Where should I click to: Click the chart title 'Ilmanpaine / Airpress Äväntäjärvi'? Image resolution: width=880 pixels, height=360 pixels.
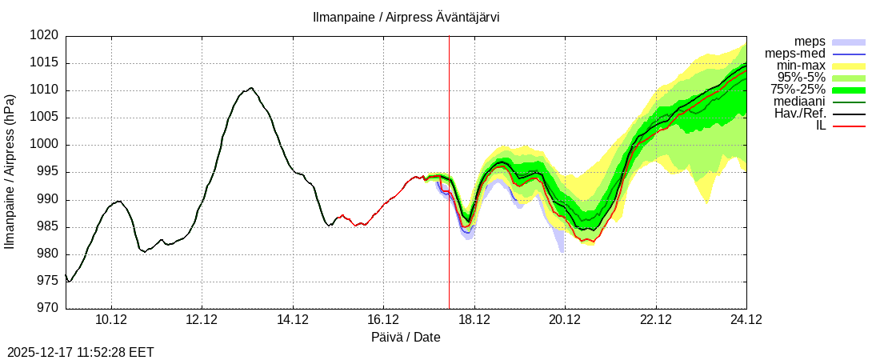tap(406, 18)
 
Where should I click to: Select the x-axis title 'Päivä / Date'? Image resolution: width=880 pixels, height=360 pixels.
tap(406, 338)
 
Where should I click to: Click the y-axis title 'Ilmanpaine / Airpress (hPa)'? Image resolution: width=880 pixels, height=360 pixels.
tap(10, 172)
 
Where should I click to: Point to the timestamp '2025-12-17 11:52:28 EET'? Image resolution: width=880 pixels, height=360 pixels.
tap(81, 352)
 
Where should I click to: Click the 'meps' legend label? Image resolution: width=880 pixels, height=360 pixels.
tap(810, 42)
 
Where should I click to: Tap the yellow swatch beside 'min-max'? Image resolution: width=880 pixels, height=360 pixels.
tap(849, 66)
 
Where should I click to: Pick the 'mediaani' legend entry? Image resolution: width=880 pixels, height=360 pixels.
tap(799, 102)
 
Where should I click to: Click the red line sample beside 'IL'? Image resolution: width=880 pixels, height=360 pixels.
tap(849, 126)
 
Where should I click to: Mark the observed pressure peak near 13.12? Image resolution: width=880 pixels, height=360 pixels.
tap(250, 88)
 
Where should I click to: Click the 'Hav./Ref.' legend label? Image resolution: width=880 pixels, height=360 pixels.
tap(800, 114)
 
